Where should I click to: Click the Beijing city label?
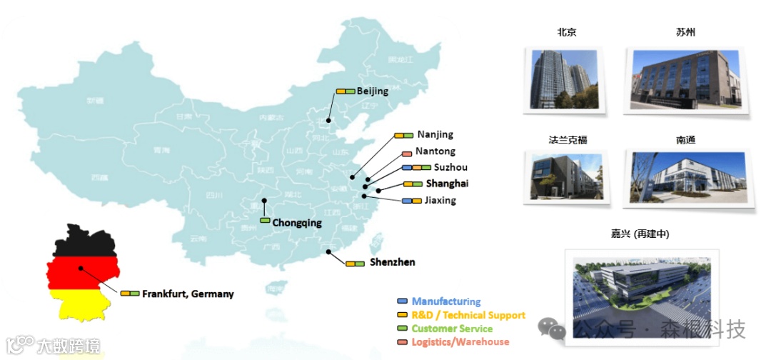point(373,91)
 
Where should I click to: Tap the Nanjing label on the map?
point(435,134)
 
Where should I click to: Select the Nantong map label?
point(435,151)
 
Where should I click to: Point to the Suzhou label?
point(450,167)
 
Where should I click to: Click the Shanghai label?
point(447,184)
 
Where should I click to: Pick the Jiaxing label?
point(440,201)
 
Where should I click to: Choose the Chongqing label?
point(297,223)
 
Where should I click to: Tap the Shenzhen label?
point(392,262)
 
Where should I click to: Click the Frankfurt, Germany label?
point(188,294)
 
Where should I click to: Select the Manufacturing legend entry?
point(446,301)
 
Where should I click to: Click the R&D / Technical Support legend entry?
point(468,315)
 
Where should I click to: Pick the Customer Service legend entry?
point(452,329)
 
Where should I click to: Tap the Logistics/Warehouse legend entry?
point(460,342)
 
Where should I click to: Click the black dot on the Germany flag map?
point(81,269)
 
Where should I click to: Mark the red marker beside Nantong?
point(406,152)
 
